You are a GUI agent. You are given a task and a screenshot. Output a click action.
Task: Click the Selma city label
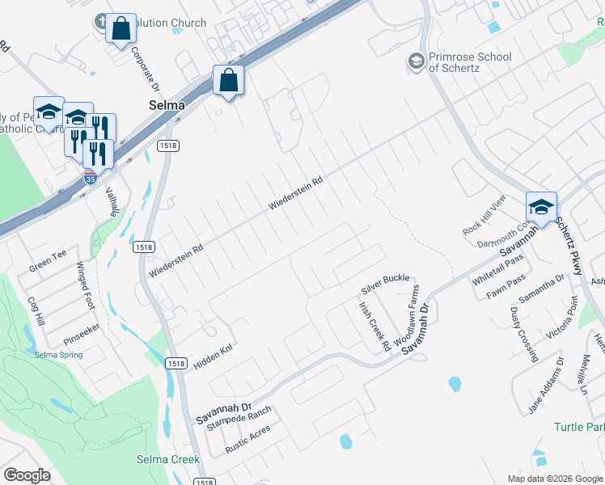click(x=166, y=105)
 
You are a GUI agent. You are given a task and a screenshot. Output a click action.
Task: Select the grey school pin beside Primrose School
click(x=417, y=61)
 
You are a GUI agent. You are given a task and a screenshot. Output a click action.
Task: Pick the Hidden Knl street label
click(x=213, y=355)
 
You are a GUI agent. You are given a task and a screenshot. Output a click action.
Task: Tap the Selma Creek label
click(x=167, y=459)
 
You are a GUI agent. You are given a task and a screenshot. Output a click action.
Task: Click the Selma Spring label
click(x=58, y=355)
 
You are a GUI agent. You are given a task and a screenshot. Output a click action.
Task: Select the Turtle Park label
click(x=579, y=427)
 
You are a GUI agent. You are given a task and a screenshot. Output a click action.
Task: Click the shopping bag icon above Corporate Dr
click(x=121, y=29)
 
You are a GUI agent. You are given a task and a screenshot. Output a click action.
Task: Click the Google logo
click(x=27, y=475)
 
